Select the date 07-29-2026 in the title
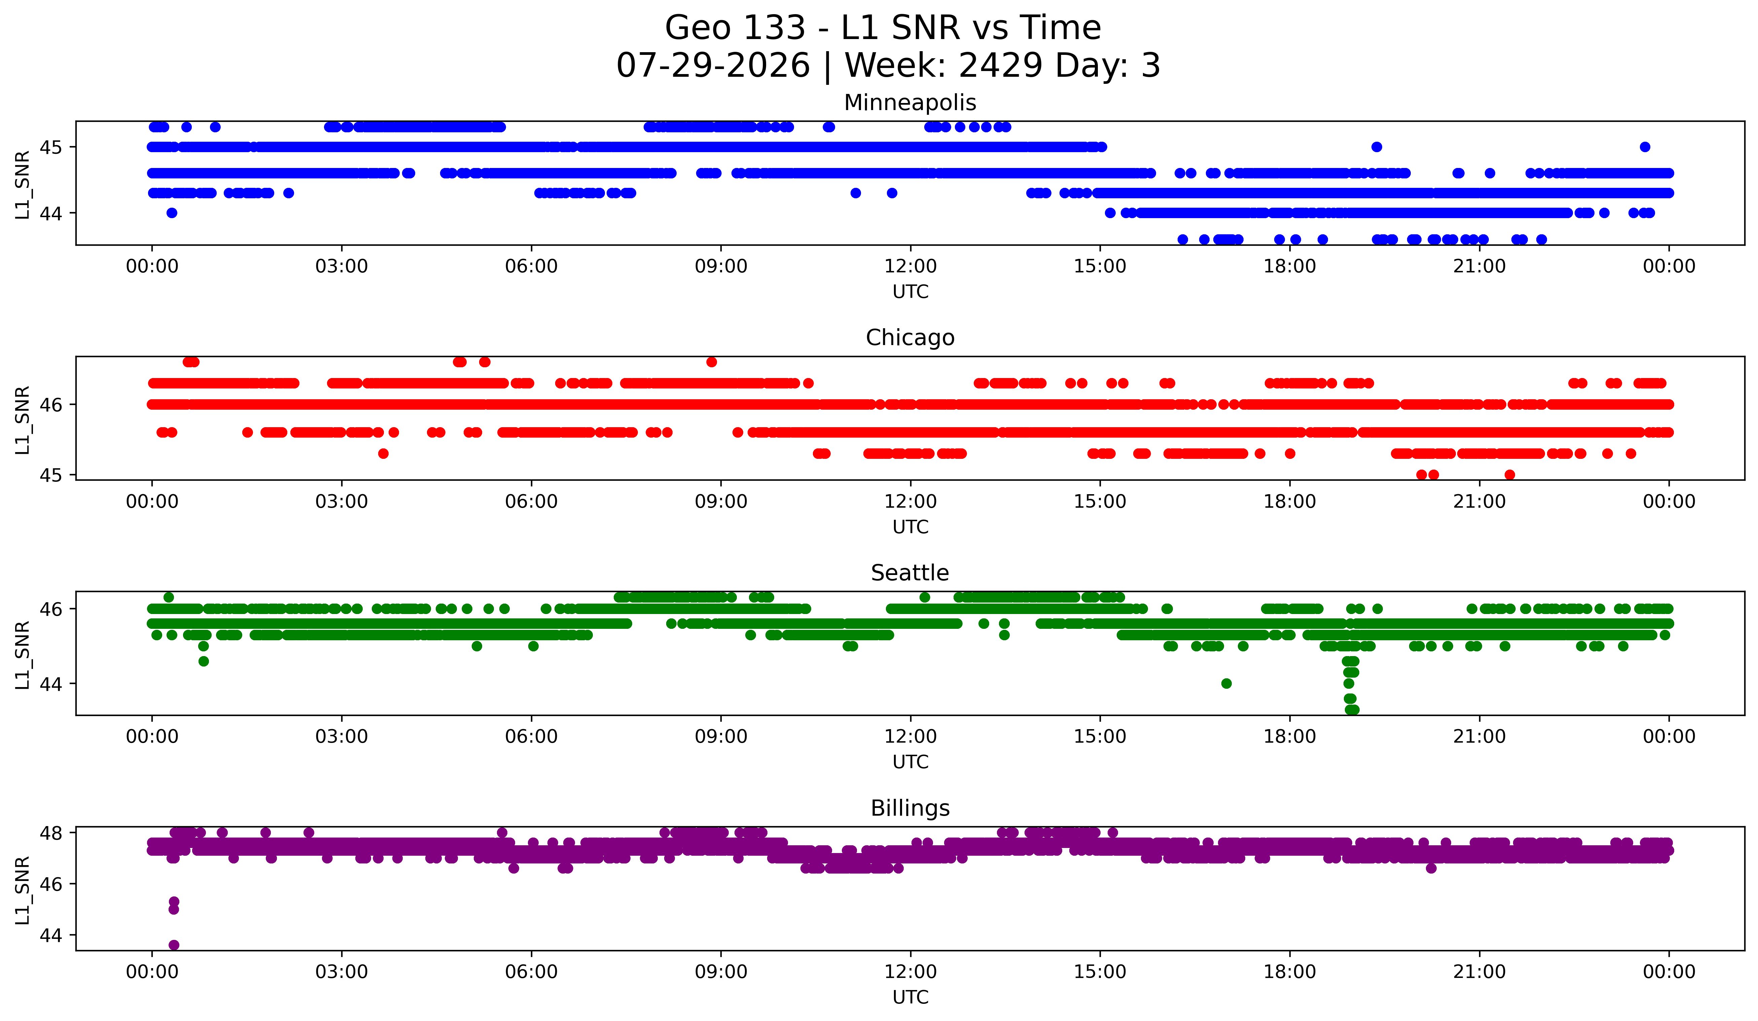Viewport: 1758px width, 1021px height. [713, 66]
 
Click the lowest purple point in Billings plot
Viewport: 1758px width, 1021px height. [174, 945]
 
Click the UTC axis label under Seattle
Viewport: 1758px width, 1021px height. [910, 762]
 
